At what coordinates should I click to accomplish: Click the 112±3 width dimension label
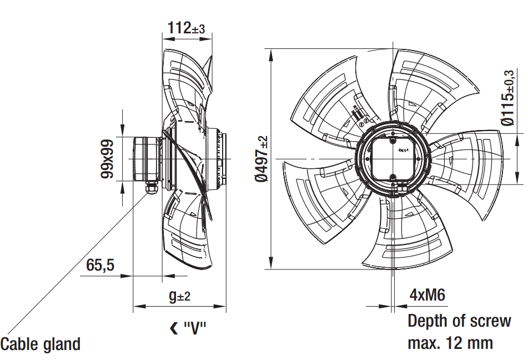pyautogui.click(x=186, y=28)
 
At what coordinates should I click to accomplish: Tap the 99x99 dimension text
pyautogui.click(x=107, y=159)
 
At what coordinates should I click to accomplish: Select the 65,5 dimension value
pyautogui.click(x=100, y=265)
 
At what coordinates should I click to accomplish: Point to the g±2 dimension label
pyautogui.click(x=180, y=296)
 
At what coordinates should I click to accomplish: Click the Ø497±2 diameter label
pyautogui.click(x=262, y=159)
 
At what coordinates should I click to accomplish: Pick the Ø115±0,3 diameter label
pyautogui.click(x=508, y=98)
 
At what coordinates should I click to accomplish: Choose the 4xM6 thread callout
pyautogui.click(x=428, y=295)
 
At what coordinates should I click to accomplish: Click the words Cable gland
pyautogui.click(x=41, y=344)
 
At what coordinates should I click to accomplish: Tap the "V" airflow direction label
pyautogui.click(x=195, y=327)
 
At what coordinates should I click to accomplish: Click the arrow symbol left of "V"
pyautogui.click(x=174, y=328)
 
